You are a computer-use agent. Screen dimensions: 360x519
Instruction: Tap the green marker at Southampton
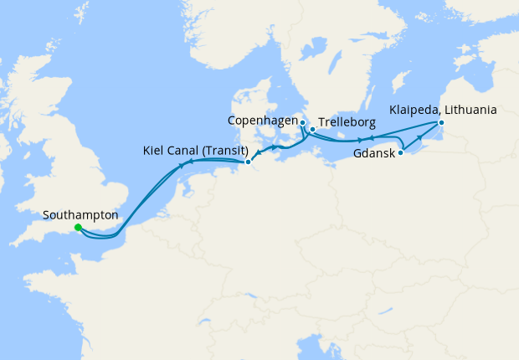point(78,227)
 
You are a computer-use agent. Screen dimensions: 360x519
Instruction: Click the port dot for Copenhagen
point(302,123)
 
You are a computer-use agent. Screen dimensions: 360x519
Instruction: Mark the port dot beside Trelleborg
point(312,130)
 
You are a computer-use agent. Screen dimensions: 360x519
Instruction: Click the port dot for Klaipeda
point(442,124)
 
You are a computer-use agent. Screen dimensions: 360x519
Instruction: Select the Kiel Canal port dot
point(248,162)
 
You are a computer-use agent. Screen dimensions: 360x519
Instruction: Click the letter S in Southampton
point(45,214)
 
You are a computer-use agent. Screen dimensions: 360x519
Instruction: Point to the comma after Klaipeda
point(439,113)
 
